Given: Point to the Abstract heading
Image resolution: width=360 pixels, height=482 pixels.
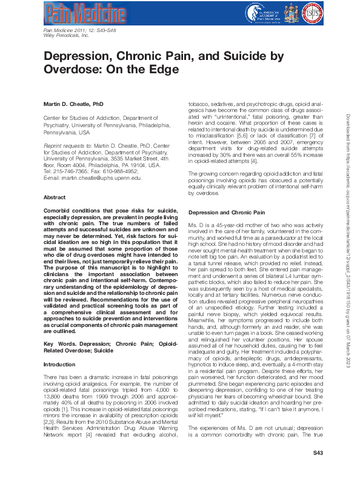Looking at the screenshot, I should (x=55, y=197).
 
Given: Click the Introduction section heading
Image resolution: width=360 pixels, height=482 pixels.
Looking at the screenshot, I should (x=59, y=365).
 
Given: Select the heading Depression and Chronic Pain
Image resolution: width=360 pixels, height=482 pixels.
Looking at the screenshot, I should (x=226, y=213).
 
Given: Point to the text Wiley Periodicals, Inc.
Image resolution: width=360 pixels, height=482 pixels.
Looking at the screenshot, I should (x=67, y=36).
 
